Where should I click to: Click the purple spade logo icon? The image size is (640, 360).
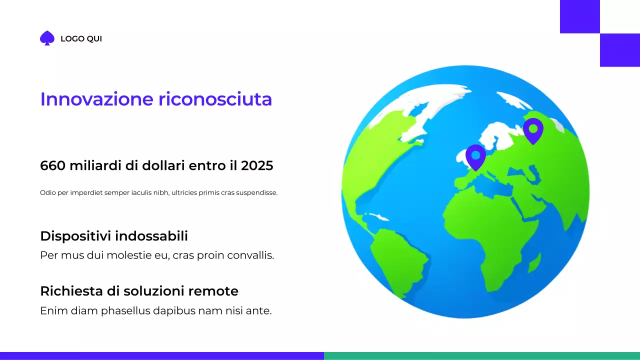click(47, 38)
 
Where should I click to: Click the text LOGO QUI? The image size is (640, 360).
click(81, 39)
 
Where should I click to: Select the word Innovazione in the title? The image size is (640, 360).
click(96, 99)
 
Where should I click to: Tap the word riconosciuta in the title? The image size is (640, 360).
click(215, 99)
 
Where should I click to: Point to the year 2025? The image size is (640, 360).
click(257, 165)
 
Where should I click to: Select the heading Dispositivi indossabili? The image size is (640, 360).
click(114, 236)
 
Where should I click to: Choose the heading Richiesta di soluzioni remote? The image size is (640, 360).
click(139, 291)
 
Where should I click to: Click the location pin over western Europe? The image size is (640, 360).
click(475, 156)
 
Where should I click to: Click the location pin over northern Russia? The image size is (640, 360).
click(533, 130)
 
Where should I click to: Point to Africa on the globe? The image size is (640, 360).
click(480, 225)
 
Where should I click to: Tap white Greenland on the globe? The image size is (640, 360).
click(425, 102)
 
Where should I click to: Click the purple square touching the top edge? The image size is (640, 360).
click(579, 16)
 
